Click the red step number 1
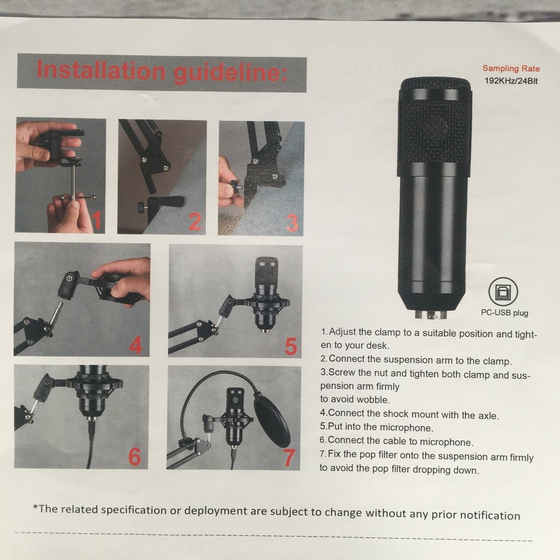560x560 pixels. pos(96,220)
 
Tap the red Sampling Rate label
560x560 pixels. pos(511,68)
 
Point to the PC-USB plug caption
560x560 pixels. pos(503,313)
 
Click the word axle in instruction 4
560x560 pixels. pos(484,414)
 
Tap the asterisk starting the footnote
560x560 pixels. pos(35,508)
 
